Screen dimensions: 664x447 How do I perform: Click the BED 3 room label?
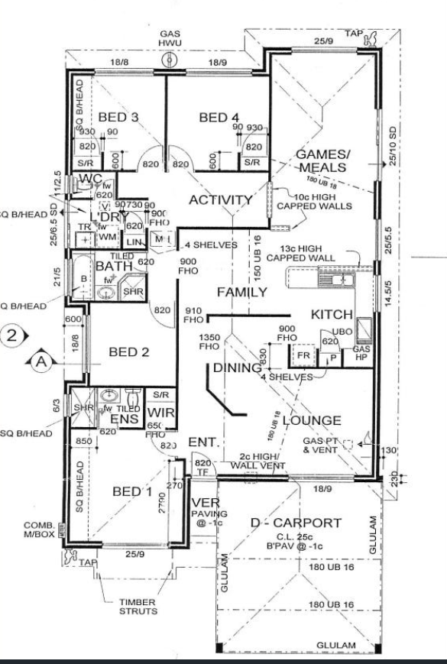[x=118, y=117]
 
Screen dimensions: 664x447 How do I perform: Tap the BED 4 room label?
[x=219, y=117]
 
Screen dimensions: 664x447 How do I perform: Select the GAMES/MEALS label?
[x=323, y=161]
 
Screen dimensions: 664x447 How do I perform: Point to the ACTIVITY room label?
[x=221, y=200]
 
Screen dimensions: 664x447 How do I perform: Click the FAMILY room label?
[x=241, y=292]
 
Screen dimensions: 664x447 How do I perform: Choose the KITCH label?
[x=331, y=315]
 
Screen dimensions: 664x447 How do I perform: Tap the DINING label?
[x=238, y=368]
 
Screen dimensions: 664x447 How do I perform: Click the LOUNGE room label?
[x=311, y=420]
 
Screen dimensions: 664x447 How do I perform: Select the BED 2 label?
[x=128, y=352]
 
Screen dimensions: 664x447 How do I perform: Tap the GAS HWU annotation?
[x=168, y=39]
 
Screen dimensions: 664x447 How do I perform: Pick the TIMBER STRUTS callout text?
[x=138, y=606]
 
